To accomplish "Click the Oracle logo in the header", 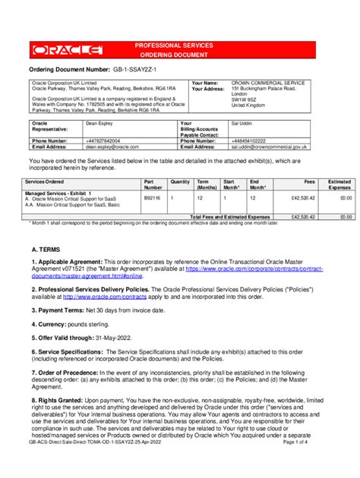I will [x=68, y=51].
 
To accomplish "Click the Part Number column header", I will [x=154, y=184].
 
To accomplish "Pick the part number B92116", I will [x=153, y=199].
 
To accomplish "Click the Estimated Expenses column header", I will [x=339, y=184].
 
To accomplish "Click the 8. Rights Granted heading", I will [x=58, y=398].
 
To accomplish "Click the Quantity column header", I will [x=180, y=182].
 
